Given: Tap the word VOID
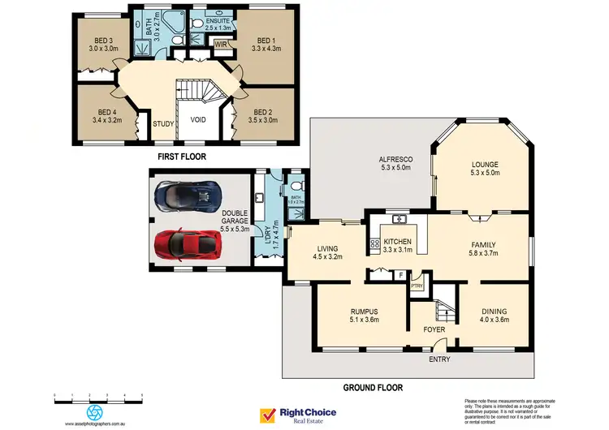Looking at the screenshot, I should (197, 119).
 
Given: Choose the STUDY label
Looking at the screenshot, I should (163, 125).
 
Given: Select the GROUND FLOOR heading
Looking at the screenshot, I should (374, 387).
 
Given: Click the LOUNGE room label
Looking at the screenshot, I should (484, 167).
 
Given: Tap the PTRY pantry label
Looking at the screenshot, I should (417, 285).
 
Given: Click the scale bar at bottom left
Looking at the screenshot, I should (97, 396).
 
